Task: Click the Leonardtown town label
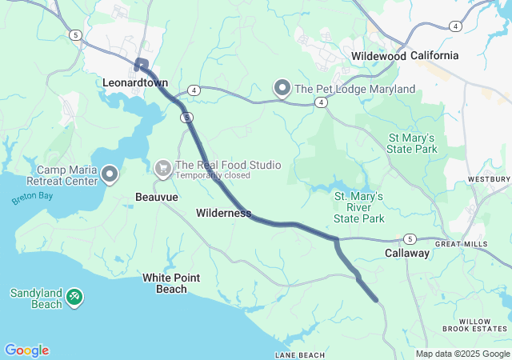point(134,82)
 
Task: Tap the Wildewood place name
point(379,55)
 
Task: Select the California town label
point(435,55)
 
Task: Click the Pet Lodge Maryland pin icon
point(282,88)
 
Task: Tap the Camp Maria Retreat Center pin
point(109,173)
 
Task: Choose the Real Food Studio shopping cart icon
point(163,168)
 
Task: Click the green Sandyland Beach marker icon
point(74,297)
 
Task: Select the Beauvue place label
point(157,196)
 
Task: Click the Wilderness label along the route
point(223,214)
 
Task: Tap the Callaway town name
point(407,253)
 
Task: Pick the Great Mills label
point(461,243)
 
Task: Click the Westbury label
point(490,179)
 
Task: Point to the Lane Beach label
point(300,354)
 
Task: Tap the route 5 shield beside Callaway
point(409,238)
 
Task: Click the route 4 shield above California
point(455,26)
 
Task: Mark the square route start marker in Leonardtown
point(142,64)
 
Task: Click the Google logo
point(26,350)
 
